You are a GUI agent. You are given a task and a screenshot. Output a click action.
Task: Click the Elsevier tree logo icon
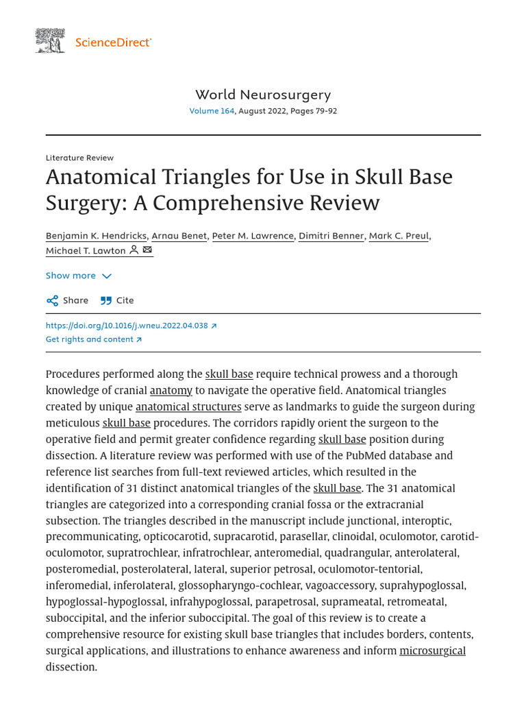coord(50,41)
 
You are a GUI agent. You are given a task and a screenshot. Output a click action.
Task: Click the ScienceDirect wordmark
coord(113,43)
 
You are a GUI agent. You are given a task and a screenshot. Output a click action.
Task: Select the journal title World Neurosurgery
coord(263,95)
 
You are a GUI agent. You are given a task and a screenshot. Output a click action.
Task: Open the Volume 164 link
coord(212,111)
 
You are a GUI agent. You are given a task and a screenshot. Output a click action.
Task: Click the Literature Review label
coord(79,158)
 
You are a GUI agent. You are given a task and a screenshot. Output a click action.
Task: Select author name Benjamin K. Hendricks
coord(96,236)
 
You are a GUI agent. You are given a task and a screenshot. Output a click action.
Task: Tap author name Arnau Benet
coord(179,236)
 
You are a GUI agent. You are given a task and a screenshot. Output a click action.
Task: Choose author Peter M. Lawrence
coord(253,236)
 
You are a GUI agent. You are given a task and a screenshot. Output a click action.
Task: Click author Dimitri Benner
coord(331,236)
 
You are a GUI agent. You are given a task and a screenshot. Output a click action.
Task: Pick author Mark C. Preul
coord(399,236)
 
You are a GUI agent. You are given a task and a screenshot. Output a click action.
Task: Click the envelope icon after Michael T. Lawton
coord(147,250)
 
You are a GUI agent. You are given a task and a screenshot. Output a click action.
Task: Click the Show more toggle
coord(78,276)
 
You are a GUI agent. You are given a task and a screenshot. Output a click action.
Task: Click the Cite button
coord(117,300)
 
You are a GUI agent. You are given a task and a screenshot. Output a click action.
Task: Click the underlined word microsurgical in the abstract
coord(432,651)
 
